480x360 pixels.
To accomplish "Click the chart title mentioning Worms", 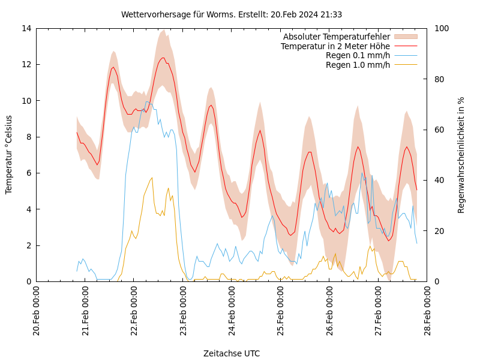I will [x=232, y=14].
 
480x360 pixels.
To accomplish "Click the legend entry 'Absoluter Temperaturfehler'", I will [x=336, y=37].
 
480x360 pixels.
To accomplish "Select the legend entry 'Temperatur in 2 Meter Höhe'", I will [x=335, y=46].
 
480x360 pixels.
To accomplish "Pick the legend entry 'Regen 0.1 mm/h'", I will [x=358, y=55].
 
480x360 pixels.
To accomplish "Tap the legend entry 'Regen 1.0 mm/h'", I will [x=358, y=64].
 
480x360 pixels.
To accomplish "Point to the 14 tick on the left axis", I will [x=25, y=28].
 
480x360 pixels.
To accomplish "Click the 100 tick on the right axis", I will [x=442, y=28].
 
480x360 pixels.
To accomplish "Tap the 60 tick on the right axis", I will [x=439, y=130].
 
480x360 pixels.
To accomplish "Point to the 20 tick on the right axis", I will [x=439, y=231].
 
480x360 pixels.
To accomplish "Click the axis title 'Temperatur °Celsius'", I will [x=9, y=154].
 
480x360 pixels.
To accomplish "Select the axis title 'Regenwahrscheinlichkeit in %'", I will [x=461, y=155].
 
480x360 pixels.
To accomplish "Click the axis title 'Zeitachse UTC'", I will [x=232, y=353].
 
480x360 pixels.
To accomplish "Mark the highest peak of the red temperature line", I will [x=163, y=58].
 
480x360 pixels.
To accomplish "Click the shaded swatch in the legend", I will [x=405, y=37].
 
